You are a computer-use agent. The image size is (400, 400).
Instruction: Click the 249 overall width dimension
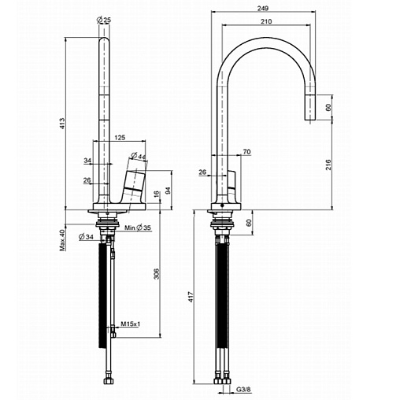coord(263,9)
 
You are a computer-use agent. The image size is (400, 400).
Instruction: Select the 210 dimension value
coord(266,21)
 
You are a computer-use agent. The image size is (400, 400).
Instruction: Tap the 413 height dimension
coord(62,124)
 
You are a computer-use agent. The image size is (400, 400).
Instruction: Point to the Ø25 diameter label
coord(104,20)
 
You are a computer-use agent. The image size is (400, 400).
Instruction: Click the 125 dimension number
coord(120,137)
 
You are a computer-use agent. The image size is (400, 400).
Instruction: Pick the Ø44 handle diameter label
coord(138,156)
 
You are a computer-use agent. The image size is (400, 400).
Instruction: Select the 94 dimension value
coord(169,191)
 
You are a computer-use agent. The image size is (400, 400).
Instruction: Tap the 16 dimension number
coord(157,194)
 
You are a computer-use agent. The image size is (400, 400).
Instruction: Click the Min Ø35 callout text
coord(138,228)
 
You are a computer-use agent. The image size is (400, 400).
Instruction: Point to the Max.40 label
coord(62,240)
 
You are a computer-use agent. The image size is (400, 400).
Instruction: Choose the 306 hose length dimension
coord(157,273)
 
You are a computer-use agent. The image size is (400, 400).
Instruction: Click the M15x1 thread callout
coord(131,324)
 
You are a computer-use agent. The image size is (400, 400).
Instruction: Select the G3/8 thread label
coord(243,390)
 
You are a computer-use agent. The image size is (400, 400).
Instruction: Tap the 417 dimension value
coord(191,297)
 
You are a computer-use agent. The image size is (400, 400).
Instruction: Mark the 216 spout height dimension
coord(328,165)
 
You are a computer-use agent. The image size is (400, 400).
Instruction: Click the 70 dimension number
coord(247,152)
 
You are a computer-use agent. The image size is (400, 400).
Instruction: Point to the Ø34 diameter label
coord(86,237)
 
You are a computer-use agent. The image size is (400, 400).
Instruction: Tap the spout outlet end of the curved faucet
coord(310,120)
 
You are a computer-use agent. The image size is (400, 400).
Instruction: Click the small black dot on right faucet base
coord(222,206)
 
